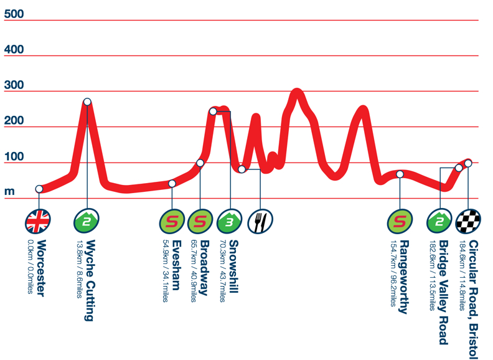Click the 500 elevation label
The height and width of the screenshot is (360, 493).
pyautogui.click(x=14, y=14)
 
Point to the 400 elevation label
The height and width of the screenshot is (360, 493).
pyautogui.click(x=14, y=49)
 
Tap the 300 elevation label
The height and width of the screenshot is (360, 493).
pyautogui.click(x=14, y=85)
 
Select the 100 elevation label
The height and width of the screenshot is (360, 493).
pyautogui.click(x=14, y=156)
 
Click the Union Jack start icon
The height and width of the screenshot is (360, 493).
pyautogui.click(x=38, y=220)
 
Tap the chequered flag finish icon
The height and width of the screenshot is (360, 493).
pyautogui.click(x=468, y=220)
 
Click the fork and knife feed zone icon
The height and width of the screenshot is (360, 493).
pyautogui.click(x=260, y=220)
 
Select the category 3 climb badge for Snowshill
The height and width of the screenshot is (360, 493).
pyautogui.click(x=229, y=220)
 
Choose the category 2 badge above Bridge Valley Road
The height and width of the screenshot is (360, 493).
pyautogui.click(x=439, y=220)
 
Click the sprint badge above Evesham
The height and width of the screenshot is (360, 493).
pyautogui.click(x=172, y=220)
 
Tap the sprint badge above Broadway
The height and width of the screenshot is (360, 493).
pyautogui.click(x=200, y=220)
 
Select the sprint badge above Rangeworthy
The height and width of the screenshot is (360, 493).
pyautogui.click(x=400, y=220)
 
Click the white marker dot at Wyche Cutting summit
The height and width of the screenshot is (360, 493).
pyautogui.click(x=87, y=102)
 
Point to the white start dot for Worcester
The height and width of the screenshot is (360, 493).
pyautogui.click(x=39, y=189)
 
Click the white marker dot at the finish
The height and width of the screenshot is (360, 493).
pyautogui.click(x=468, y=163)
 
